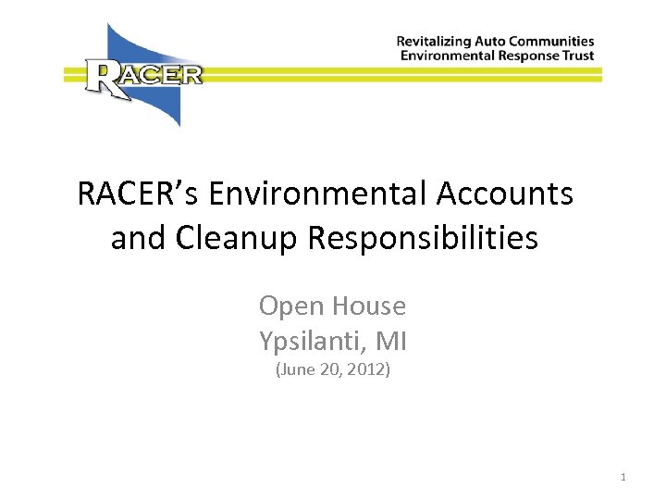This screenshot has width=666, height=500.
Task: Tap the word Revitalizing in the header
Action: [435, 42]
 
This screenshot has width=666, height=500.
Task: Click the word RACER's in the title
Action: [138, 194]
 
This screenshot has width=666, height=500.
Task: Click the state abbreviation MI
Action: [391, 342]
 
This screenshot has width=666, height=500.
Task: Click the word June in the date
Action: [296, 371]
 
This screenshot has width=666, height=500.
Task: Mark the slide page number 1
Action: [623, 478]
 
